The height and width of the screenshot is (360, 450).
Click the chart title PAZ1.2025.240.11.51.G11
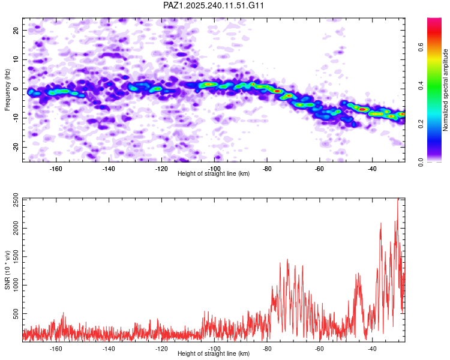[x=214, y=5]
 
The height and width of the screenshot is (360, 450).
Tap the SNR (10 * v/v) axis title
[x=7, y=269]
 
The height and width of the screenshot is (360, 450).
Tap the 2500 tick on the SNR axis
[x=13, y=201]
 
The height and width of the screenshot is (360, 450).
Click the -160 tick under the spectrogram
[x=56, y=169]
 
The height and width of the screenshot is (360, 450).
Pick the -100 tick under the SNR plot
[x=214, y=349]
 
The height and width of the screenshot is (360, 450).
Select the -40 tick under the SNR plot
[x=372, y=349]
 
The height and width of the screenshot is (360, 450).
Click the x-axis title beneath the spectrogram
[x=214, y=174]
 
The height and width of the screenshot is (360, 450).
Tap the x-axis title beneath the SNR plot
[x=214, y=354]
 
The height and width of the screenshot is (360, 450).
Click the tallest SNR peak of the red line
[x=397, y=200]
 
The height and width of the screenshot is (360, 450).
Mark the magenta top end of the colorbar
[x=434, y=21]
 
